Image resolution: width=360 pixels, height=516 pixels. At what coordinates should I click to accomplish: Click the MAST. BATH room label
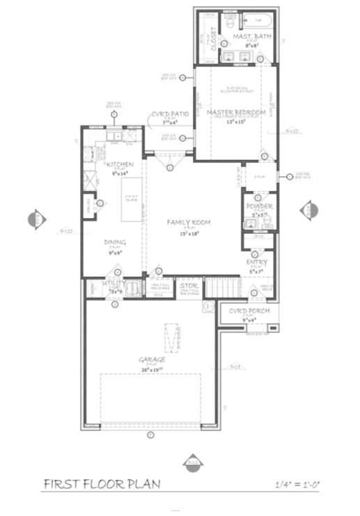click(x=246, y=36)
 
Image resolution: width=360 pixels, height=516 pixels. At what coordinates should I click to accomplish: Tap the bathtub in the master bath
click(x=247, y=20)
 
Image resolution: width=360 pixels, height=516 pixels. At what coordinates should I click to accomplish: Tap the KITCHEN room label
click(x=120, y=164)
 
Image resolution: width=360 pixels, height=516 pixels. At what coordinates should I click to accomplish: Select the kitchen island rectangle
click(x=132, y=199)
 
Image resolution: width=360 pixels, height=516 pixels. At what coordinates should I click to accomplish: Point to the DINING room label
click(x=115, y=242)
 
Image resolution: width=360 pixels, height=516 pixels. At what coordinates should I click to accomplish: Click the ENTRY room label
click(x=257, y=262)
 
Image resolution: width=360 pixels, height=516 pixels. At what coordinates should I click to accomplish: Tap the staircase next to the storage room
click(x=224, y=286)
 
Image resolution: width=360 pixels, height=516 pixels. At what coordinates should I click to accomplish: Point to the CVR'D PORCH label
click(x=249, y=311)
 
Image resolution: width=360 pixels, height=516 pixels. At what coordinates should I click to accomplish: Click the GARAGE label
click(x=151, y=359)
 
